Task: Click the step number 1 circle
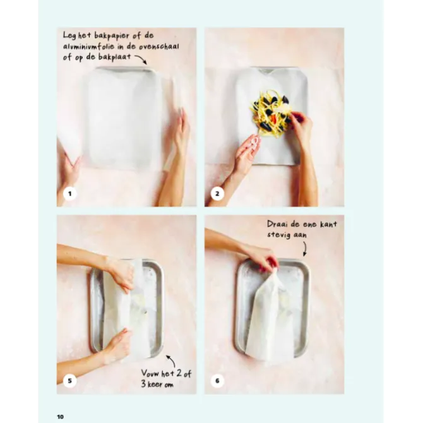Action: tap(70, 194)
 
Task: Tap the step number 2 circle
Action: tap(217, 194)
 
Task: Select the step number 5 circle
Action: tap(70, 381)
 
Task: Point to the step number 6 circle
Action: tap(217, 381)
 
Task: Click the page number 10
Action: tap(61, 417)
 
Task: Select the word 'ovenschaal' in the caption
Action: tap(159, 47)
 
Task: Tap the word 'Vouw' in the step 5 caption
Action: tap(150, 373)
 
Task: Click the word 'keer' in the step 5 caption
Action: tap(156, 384)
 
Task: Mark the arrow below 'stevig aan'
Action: tap(305, 249)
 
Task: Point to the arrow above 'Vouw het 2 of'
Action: tap(172, 360)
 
